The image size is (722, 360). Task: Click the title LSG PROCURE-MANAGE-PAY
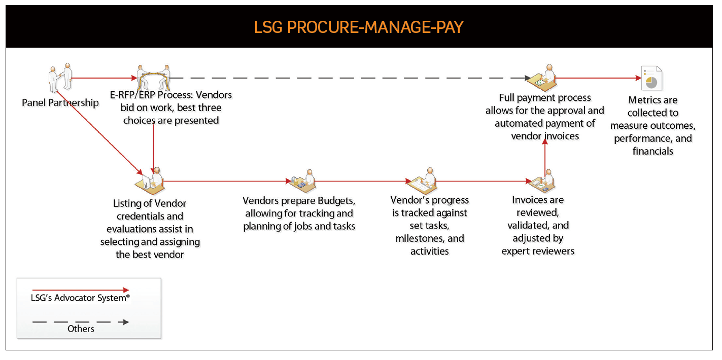[359, 26]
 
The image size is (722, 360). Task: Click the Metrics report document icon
[652, 79]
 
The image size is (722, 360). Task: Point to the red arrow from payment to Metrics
[599, 78]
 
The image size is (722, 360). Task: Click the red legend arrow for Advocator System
[81, 290]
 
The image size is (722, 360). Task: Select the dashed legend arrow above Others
[81, 322]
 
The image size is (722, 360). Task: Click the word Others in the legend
[81, 329]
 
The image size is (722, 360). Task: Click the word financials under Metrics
[652, 151]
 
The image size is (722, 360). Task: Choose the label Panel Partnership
[60, 103]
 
